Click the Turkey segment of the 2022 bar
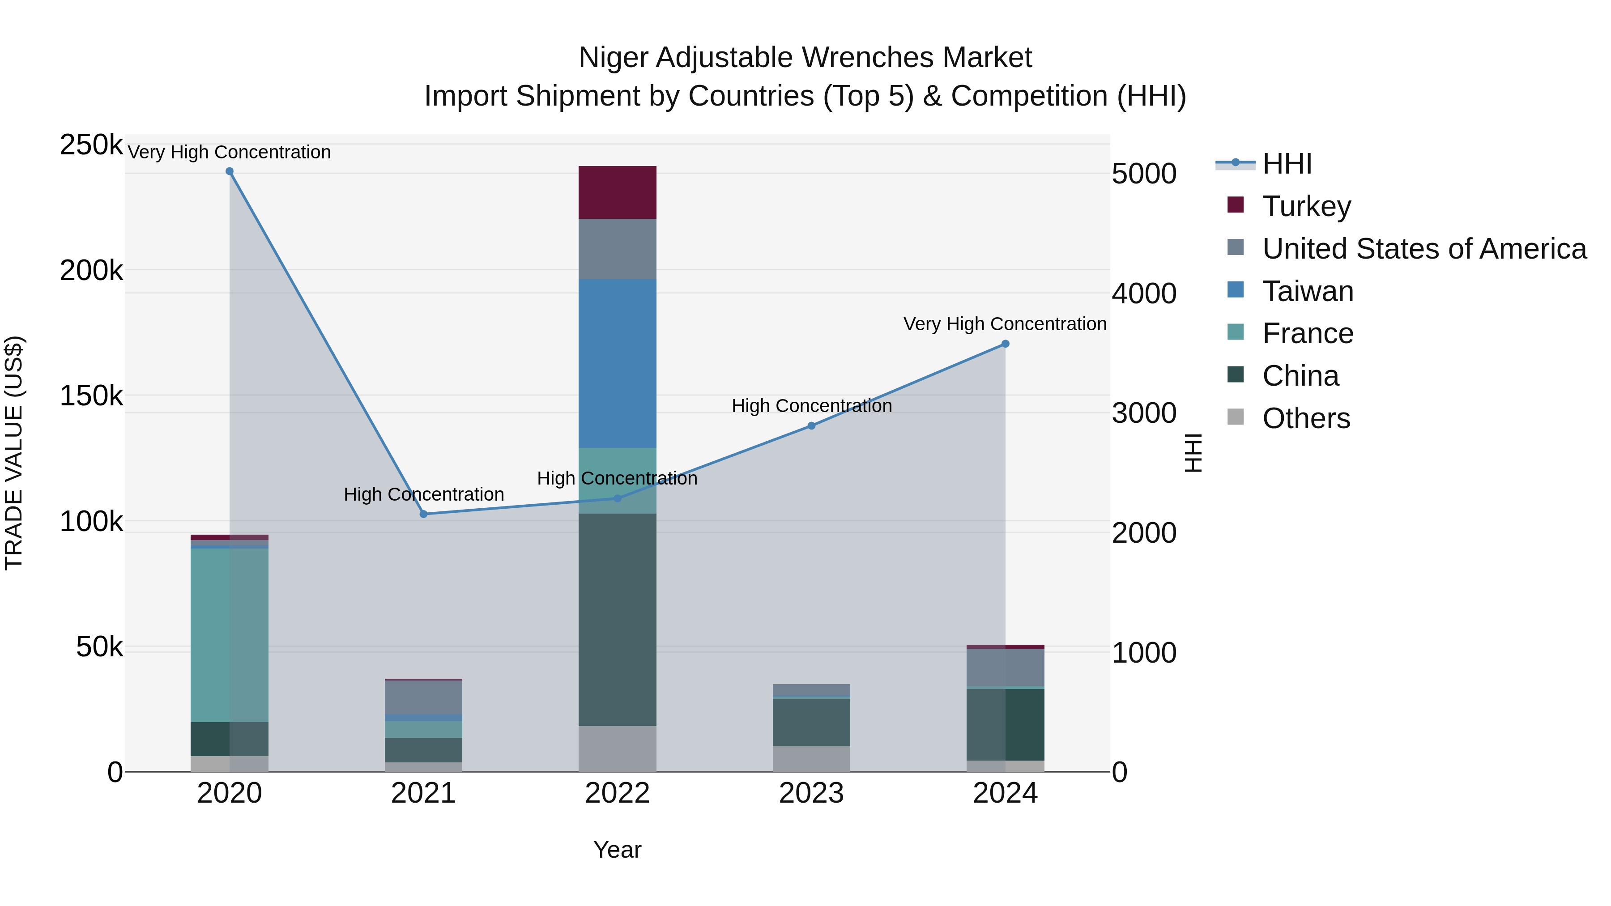(617, 192)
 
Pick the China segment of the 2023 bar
(811, 722)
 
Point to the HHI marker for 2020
(230, 171)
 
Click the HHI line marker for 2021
(423, 514)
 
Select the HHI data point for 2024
(1005, 344)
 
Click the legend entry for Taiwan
(1307, 291)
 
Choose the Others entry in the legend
(1306, 418)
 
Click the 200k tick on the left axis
(91, 271)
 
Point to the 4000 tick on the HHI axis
(1144, 293)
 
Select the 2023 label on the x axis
(811, 793)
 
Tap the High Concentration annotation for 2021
(423, 494)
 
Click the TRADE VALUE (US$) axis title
(14, 453)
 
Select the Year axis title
(617, 850)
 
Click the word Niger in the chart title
(613, 58)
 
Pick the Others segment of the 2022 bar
(617, 749)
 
